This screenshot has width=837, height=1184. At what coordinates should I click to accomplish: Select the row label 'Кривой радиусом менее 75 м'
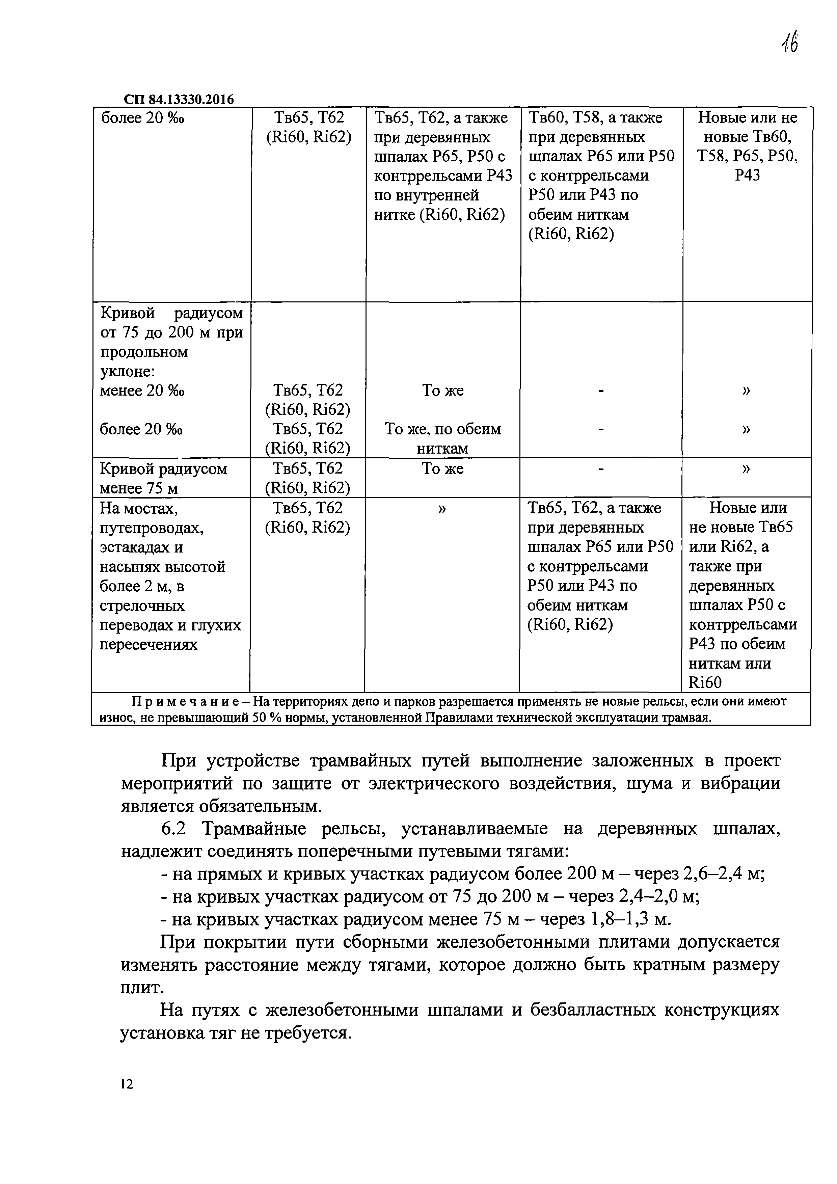[x=163, y=478]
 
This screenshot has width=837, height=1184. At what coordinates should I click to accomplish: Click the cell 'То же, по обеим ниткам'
[x=442, y=438]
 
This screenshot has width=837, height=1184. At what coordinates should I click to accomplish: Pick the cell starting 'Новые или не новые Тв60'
[x=747, y=146]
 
